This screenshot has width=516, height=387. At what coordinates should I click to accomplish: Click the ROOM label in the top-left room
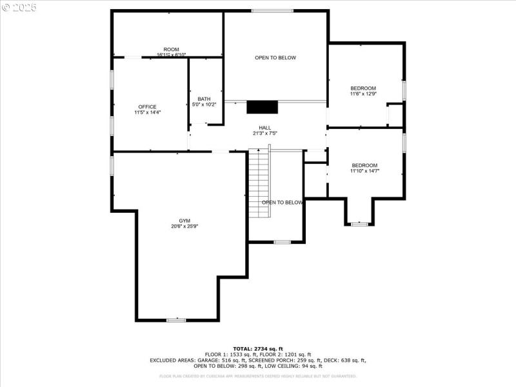[171, 50]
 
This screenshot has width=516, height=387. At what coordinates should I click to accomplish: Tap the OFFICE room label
[147, 106]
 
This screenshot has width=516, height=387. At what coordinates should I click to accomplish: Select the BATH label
[204, 99]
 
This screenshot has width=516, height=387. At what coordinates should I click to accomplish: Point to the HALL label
[264, 128]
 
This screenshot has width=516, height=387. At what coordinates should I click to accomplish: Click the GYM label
[184, 221]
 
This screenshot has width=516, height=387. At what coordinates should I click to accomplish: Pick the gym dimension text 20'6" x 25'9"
[184, 226]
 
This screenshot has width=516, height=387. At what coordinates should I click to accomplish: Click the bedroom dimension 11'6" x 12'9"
[363, 94]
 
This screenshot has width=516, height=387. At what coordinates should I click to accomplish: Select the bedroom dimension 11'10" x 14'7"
[364, 171]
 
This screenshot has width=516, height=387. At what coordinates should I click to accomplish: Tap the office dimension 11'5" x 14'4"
[147, 112]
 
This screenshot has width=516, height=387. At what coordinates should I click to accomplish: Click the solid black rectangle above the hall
[261, 107]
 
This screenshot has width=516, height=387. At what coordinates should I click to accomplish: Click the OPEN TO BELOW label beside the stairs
[282, 203]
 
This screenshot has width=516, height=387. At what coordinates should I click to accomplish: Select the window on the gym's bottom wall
[176, 320]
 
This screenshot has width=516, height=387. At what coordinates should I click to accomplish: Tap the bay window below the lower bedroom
[359, 224]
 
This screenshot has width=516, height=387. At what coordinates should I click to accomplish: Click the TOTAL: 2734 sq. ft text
[258, 348]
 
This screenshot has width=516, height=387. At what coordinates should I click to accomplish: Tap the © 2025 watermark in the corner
[19, 8]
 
